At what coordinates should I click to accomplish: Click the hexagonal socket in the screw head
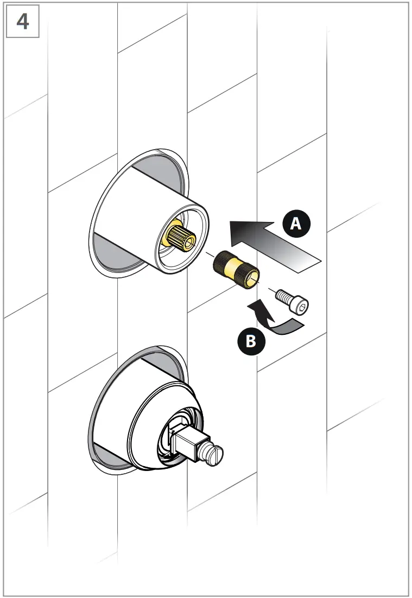pos(302,307)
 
